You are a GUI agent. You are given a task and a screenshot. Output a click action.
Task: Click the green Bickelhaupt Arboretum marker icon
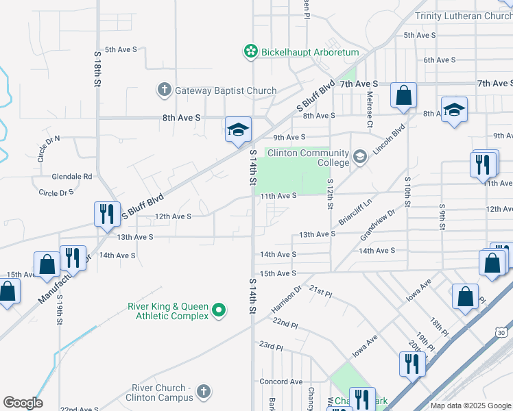point(250,51)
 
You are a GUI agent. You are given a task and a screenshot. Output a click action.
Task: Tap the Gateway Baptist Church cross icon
point(164,90)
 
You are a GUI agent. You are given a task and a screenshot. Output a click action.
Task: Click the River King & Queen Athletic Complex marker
point(219,311)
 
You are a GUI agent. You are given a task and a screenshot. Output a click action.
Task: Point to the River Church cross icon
point(202,392)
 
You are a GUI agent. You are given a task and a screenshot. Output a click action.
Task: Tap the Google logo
point(22,403)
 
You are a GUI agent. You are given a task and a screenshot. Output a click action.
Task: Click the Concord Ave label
point(281,382)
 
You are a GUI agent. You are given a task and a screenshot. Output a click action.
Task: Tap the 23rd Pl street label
point(271,347)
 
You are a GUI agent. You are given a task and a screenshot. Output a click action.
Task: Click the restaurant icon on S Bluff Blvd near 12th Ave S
point(106,213)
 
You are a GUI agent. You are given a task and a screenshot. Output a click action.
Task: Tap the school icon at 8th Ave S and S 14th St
point(238,129)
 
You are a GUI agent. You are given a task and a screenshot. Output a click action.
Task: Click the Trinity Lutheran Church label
point(464,16)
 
